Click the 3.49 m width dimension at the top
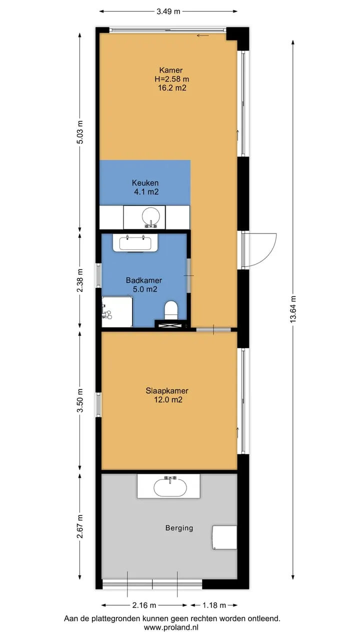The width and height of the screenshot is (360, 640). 168,11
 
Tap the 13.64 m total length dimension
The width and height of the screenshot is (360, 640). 293,309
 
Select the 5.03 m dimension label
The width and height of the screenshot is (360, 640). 80,132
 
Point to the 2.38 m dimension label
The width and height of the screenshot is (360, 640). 80,280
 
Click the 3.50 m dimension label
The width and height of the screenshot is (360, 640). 80,400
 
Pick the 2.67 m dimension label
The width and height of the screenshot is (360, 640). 80,526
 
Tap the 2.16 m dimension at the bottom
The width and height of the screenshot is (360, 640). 144,605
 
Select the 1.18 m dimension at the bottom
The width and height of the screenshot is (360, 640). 214,605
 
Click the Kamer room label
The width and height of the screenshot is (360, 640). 171,70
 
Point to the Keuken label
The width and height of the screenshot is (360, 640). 145,182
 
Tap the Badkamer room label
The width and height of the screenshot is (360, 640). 144,280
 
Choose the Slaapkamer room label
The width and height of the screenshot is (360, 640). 167,390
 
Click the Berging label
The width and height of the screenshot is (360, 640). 179,528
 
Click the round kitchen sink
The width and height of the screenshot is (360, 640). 150,217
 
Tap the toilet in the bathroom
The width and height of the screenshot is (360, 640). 171,310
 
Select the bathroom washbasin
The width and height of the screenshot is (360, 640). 135,243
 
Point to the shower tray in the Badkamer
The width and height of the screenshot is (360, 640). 117,311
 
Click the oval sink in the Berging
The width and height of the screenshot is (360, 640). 170,487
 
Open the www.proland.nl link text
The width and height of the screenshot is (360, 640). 171,627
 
